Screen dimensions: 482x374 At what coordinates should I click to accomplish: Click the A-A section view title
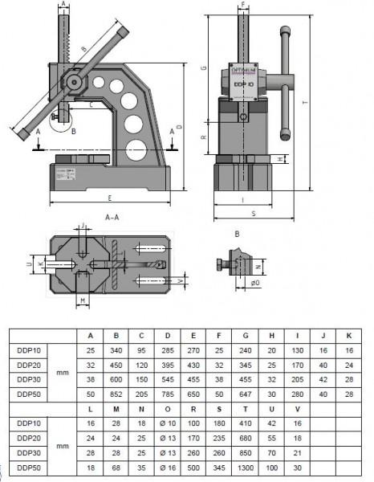tap(112, 218)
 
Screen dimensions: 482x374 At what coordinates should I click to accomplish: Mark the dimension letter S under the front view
tap(254, 214)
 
